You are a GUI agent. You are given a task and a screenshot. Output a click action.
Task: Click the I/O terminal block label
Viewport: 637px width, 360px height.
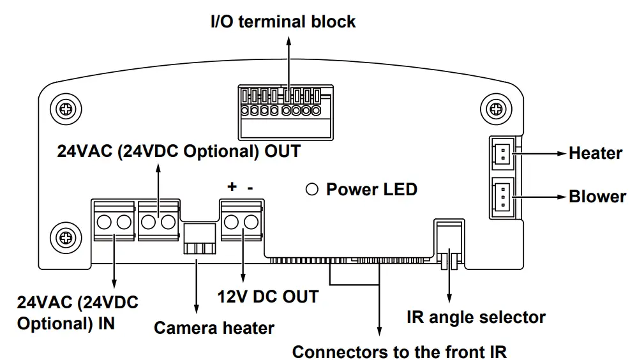click(x=283, y=21)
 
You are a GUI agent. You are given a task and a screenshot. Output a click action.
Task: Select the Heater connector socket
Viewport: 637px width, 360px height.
click(x=502, y=153)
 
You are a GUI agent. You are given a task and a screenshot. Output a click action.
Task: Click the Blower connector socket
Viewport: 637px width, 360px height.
click(x=502, y=197)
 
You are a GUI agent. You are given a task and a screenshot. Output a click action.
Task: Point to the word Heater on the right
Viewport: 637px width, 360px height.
click(x=595, y=153)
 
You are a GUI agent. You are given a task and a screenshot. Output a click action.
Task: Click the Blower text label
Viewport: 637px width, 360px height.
click(x=597, y=196)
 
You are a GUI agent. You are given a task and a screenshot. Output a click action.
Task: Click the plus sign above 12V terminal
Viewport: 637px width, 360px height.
click(x=232, y=186)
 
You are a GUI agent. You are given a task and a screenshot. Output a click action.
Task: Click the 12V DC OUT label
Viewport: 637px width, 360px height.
click(x=267, y=296)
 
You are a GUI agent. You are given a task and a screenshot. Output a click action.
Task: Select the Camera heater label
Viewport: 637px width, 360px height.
click(x=214, y=328)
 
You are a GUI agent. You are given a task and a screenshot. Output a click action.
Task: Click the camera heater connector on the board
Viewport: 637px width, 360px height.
click(x=197, y=239)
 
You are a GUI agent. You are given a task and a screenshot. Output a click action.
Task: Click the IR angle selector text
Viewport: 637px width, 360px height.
click(x=476, y=317)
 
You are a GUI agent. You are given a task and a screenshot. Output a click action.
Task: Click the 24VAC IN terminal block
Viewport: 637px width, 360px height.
click(x=114, y=222)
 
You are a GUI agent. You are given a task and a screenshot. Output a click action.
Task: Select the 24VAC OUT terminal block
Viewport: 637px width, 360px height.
click(x=158, y=222)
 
